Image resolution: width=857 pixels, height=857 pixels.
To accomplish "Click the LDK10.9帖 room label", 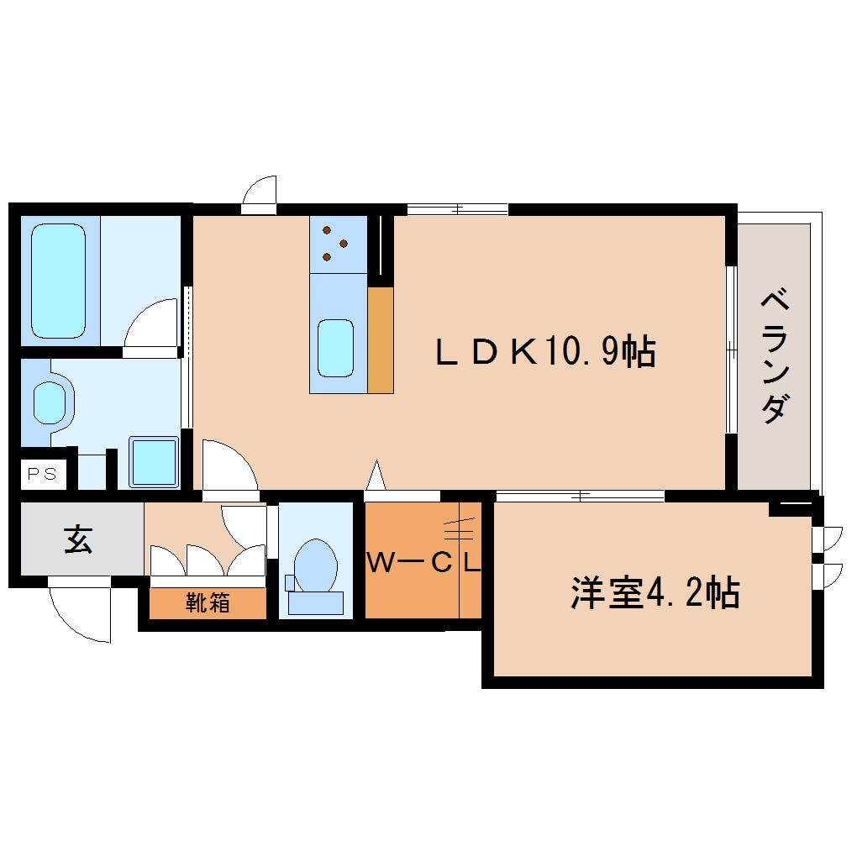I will pyautogui.click(x=544, y=352).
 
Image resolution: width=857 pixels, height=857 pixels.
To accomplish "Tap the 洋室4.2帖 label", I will pyautogui.click(x=655, y=593).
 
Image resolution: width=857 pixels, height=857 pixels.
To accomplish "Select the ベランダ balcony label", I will pyautogui.click(x=775, y=356).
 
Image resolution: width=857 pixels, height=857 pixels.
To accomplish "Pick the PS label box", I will pyautogui.click(x=42, y=474).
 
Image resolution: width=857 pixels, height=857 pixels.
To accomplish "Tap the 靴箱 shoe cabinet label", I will pyautogui.click(x=208, y=602).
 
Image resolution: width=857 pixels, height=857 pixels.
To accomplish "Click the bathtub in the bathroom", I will pyautogui.click(x=59, y=281).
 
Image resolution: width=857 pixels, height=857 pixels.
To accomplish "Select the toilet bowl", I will pyautogui.click(x=317, y=562).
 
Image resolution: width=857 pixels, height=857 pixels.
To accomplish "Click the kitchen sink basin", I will pyautogui.click(x=335, y=348).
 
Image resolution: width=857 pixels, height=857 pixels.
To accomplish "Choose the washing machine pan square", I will pyautogui.click(x=154, y=462).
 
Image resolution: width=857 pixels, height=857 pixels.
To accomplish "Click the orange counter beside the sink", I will pyautogui.click(x=381, y=339).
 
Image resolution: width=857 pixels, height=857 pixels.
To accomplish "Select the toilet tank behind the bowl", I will pyautogui.click(x=316, y=602).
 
